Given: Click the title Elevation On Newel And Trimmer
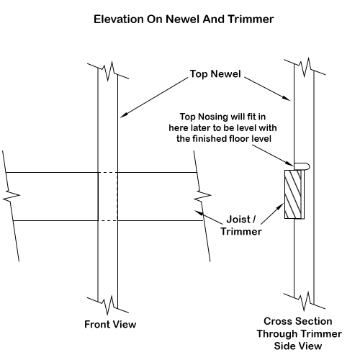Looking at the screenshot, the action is point(184,19).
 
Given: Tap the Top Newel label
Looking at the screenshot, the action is point(215,73).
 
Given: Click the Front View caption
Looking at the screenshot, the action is point(110,324).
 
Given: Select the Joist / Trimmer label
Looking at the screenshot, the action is point(241,225).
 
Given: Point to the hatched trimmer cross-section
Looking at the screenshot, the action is point(293,194).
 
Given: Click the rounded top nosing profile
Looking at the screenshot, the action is point(302,166).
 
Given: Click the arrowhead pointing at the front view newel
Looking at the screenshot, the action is point(123,115).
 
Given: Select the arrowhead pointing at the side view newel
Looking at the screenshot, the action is point(287,99).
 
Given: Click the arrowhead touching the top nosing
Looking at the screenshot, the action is point(289,164).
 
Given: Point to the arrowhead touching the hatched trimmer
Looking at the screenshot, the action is point(280,207).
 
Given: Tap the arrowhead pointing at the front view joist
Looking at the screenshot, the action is point(199,212).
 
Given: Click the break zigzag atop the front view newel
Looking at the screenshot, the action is point(108,71).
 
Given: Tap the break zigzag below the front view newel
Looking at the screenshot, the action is point(108,305).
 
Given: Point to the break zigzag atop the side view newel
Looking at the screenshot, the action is point(305,67).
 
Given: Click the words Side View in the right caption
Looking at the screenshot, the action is point(298,346).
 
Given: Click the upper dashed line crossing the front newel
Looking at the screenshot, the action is point(108,172).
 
